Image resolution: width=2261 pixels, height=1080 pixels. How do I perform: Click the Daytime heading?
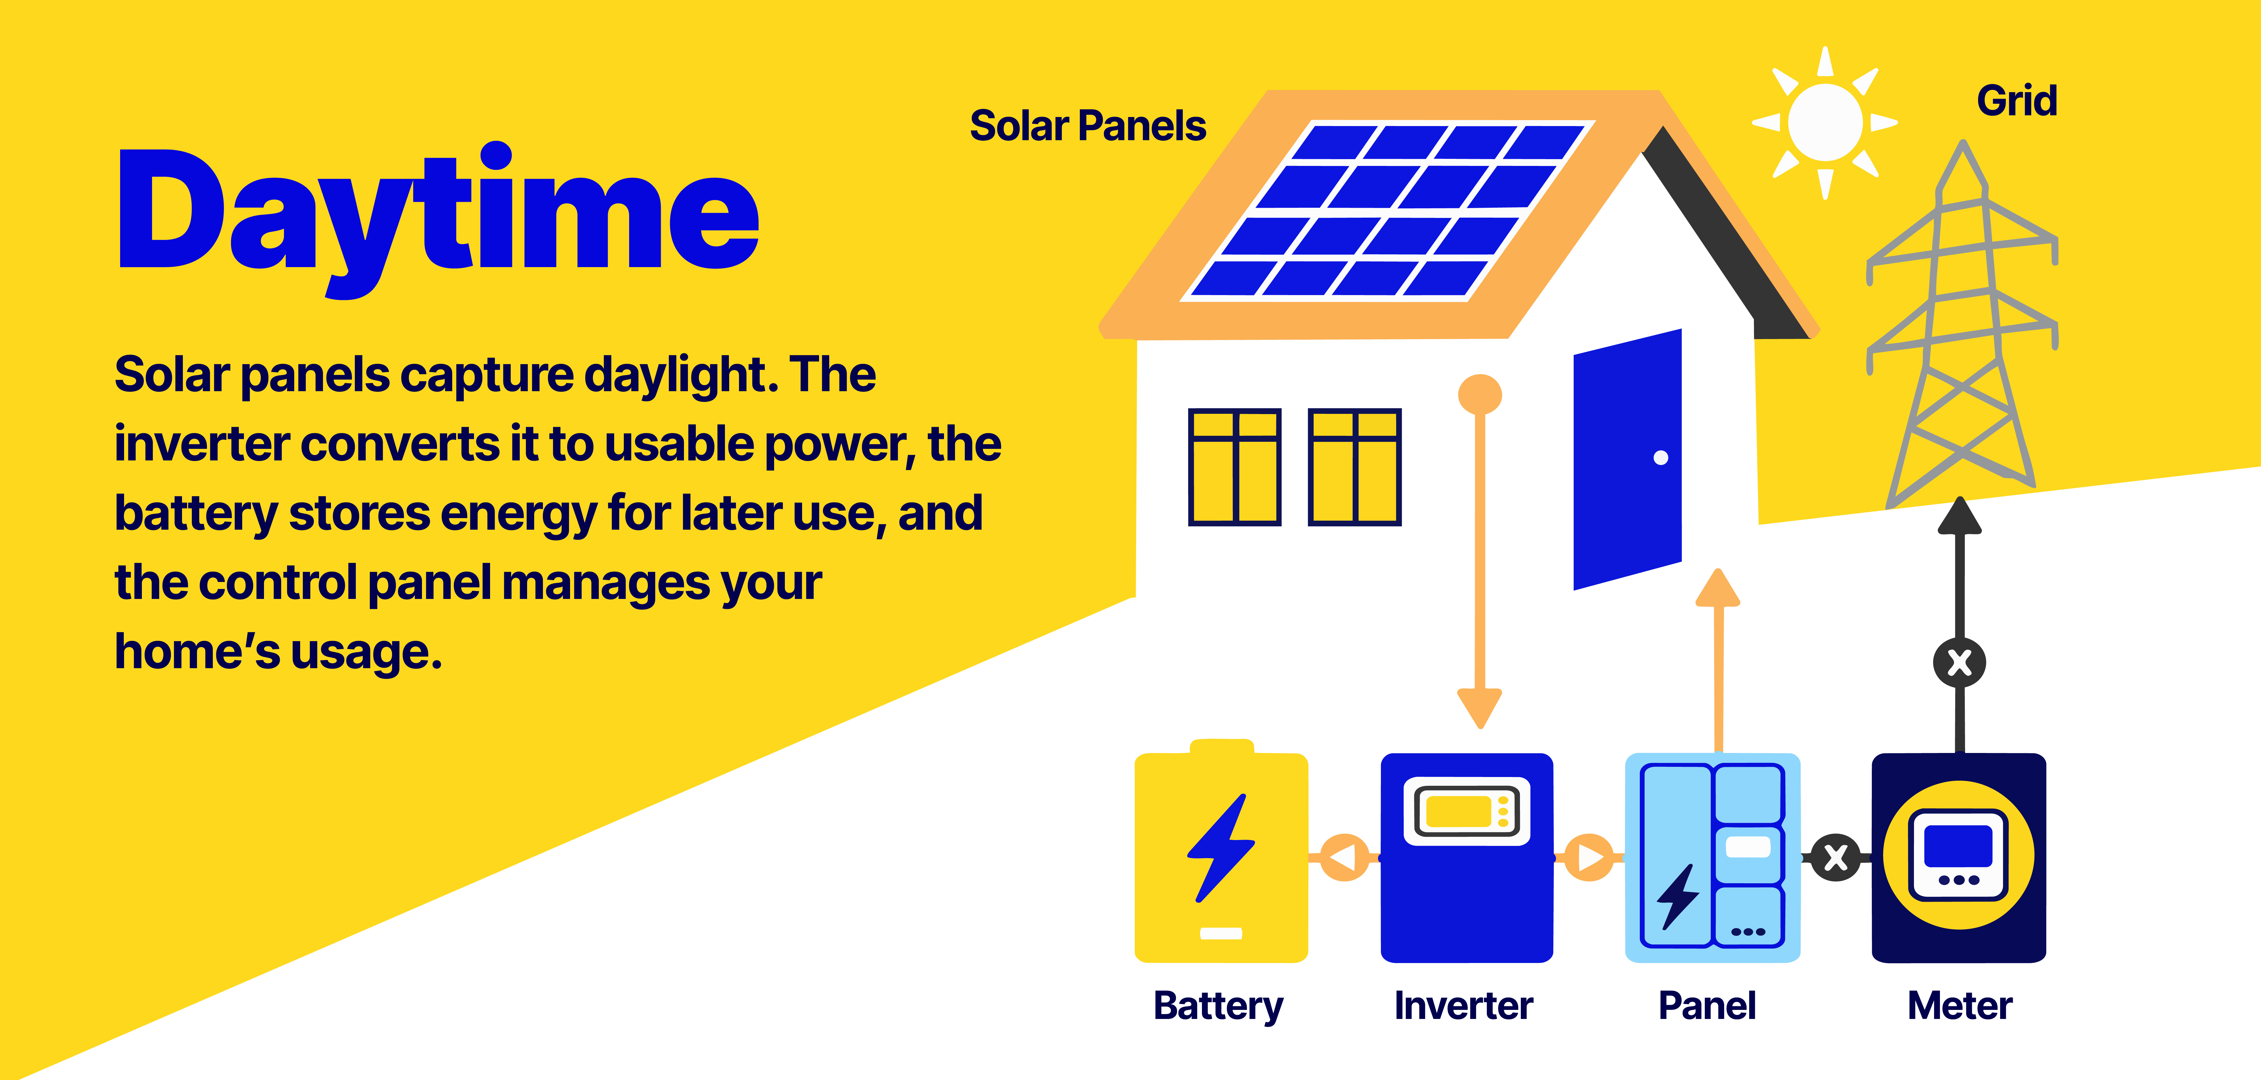tap(439, 211)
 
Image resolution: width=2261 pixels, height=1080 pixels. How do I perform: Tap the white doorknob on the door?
tap(1661, 457)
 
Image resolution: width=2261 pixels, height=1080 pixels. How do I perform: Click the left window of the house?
tap(1234, 467)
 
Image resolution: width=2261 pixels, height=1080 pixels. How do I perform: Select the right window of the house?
tap(1354, 467)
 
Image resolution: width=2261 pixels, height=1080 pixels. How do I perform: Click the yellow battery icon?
tap(1221, 856)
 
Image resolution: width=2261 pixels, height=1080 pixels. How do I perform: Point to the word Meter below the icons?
tap(1959, 1005)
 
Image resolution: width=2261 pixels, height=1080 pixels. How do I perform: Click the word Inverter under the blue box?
tap(1463, 1005)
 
